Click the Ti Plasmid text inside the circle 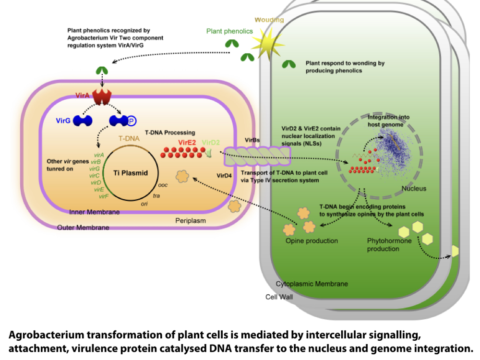coord(127,173)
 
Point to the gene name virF coord(103,196)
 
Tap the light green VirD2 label coord(211,143)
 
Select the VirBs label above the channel coord(252,139)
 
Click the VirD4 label coord(224,176)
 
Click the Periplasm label coord(191,220)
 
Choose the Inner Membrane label coord(95,212)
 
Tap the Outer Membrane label coord(83,228)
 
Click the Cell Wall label coord(279,297)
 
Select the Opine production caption coord(312,240)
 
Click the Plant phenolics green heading coord(229,31)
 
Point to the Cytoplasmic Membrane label coord(312,284)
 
